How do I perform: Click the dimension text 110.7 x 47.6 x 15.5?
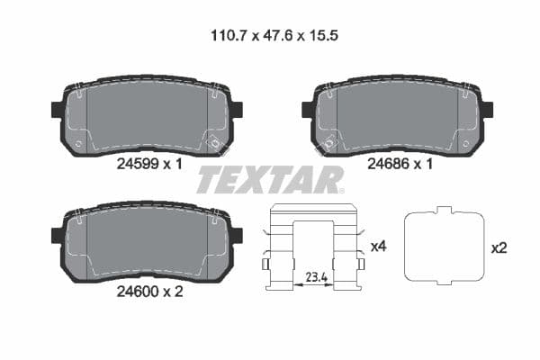click(271, 37)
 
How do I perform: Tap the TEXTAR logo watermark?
click(270, 179)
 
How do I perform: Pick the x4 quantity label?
click(378, 245)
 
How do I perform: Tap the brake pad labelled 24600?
click(147, 243)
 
